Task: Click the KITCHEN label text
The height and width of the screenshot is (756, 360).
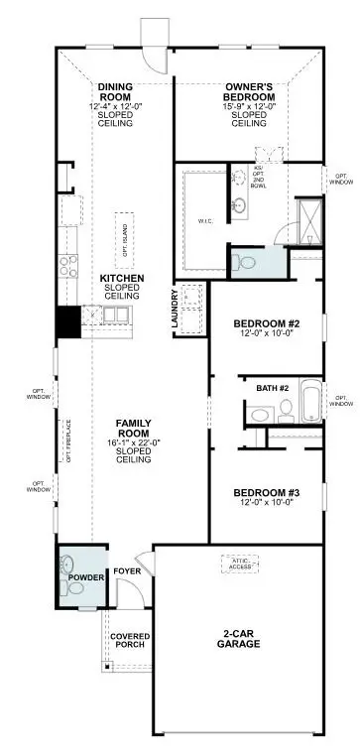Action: (x=122, y=278)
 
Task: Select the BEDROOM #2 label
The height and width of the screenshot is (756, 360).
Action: (x=266, y=324)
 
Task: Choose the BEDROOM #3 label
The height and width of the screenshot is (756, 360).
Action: (x=266, y=493)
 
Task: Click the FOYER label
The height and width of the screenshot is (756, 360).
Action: (x=127, y=571)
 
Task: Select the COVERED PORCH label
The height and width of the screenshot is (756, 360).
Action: (x=129, y=640)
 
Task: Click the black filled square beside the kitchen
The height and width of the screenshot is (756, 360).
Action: (x=67, y=322)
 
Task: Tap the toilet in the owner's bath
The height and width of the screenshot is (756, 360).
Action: (x=243, y=262)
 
